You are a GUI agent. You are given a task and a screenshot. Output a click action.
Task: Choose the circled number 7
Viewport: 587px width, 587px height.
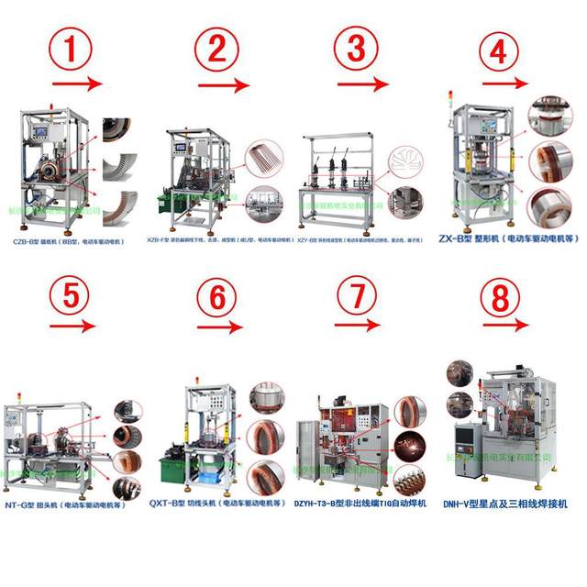[356, 295]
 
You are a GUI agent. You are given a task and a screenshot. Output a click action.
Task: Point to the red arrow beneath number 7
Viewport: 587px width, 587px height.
[357, 327]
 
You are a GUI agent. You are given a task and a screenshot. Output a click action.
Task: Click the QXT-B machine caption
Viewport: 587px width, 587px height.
[214, 503]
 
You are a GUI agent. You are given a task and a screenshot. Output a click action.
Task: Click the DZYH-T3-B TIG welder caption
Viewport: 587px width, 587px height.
[362, 503]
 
